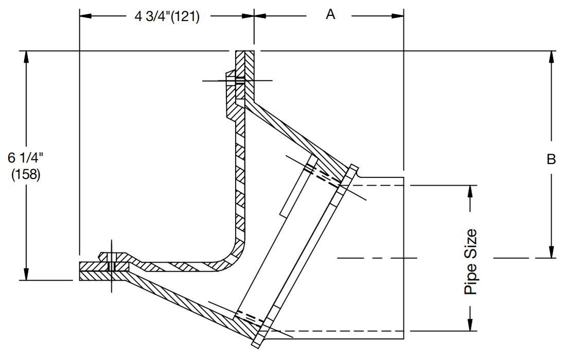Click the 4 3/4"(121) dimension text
pyautogui.click(x=167, y=16)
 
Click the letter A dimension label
pyautogui.click(x=330, y=14)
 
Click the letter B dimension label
pyautogui.click(x=551, y=160)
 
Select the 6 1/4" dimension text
pyautogui.click(x=25, y=157)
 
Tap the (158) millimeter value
pyautogui.click(x=25, y=174)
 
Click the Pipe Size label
pyautogui.click(x=470, y=262)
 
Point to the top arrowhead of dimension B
pyautogui.click(x=552, y=57)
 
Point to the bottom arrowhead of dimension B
pyautogui.click(x=552, y=251)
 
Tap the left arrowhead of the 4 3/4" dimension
pyautogui.click(x=85, y=15)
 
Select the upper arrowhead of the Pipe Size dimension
pyautogui.click(x=470, y=190)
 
